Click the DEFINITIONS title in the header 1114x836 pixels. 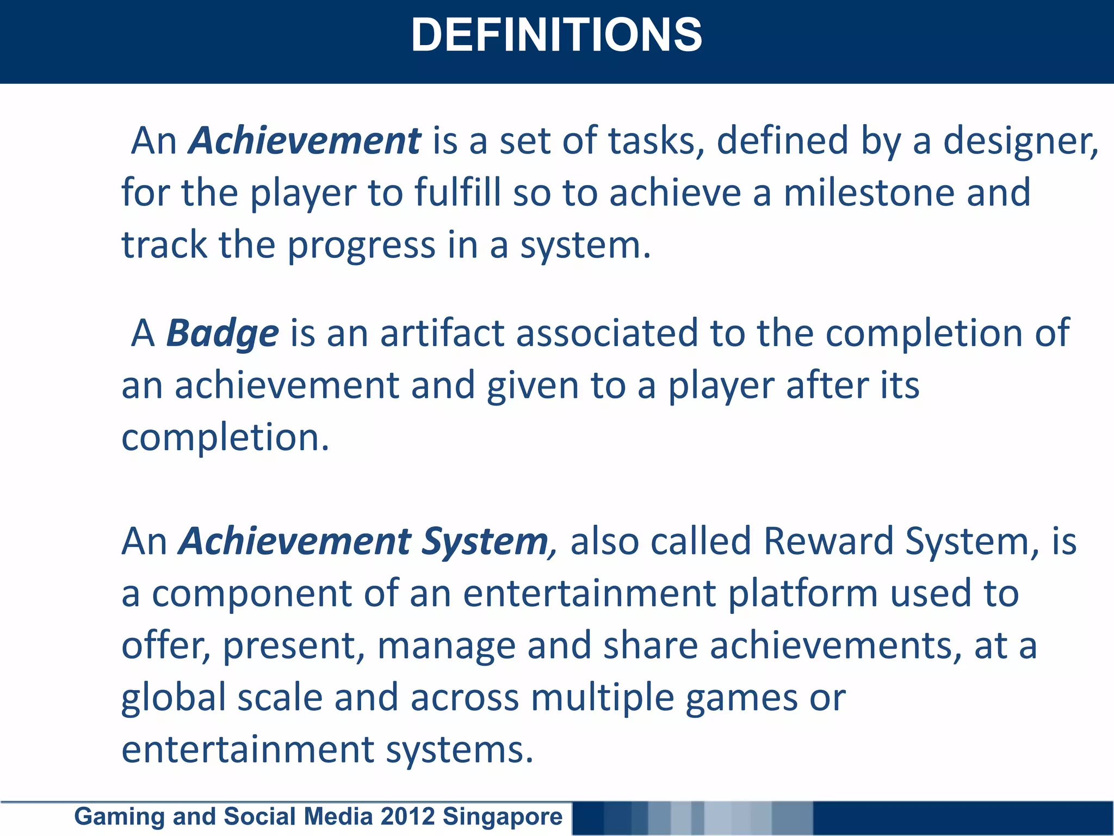556,35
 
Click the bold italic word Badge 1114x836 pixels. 222,333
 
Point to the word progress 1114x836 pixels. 361,245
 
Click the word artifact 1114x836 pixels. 442,333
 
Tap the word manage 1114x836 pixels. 446,646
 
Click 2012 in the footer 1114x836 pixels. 408,817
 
